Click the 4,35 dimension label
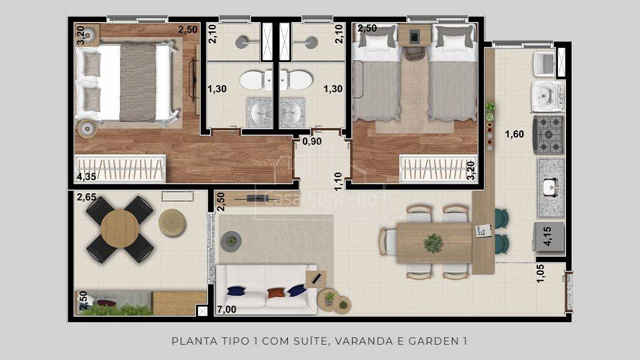[x=87, y=177]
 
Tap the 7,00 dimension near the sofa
[x=227, y=309]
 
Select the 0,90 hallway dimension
[x=312, y=141]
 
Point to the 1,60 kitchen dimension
[x=514, y=134]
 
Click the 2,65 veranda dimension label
[x=87, y=197]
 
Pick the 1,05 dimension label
[x=541, y=273]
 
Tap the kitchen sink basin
[x=550, y=187]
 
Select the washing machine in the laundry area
[x=547, y=96]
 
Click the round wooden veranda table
[x=119, y=229]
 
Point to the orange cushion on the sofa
[x=275, y=293]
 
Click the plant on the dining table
[x=433, y=243]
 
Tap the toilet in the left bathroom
[x=256, y=80]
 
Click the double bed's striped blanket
[x=138, y=82]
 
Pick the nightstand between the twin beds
[x=414, y=35]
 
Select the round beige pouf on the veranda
[x=172, y=223]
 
